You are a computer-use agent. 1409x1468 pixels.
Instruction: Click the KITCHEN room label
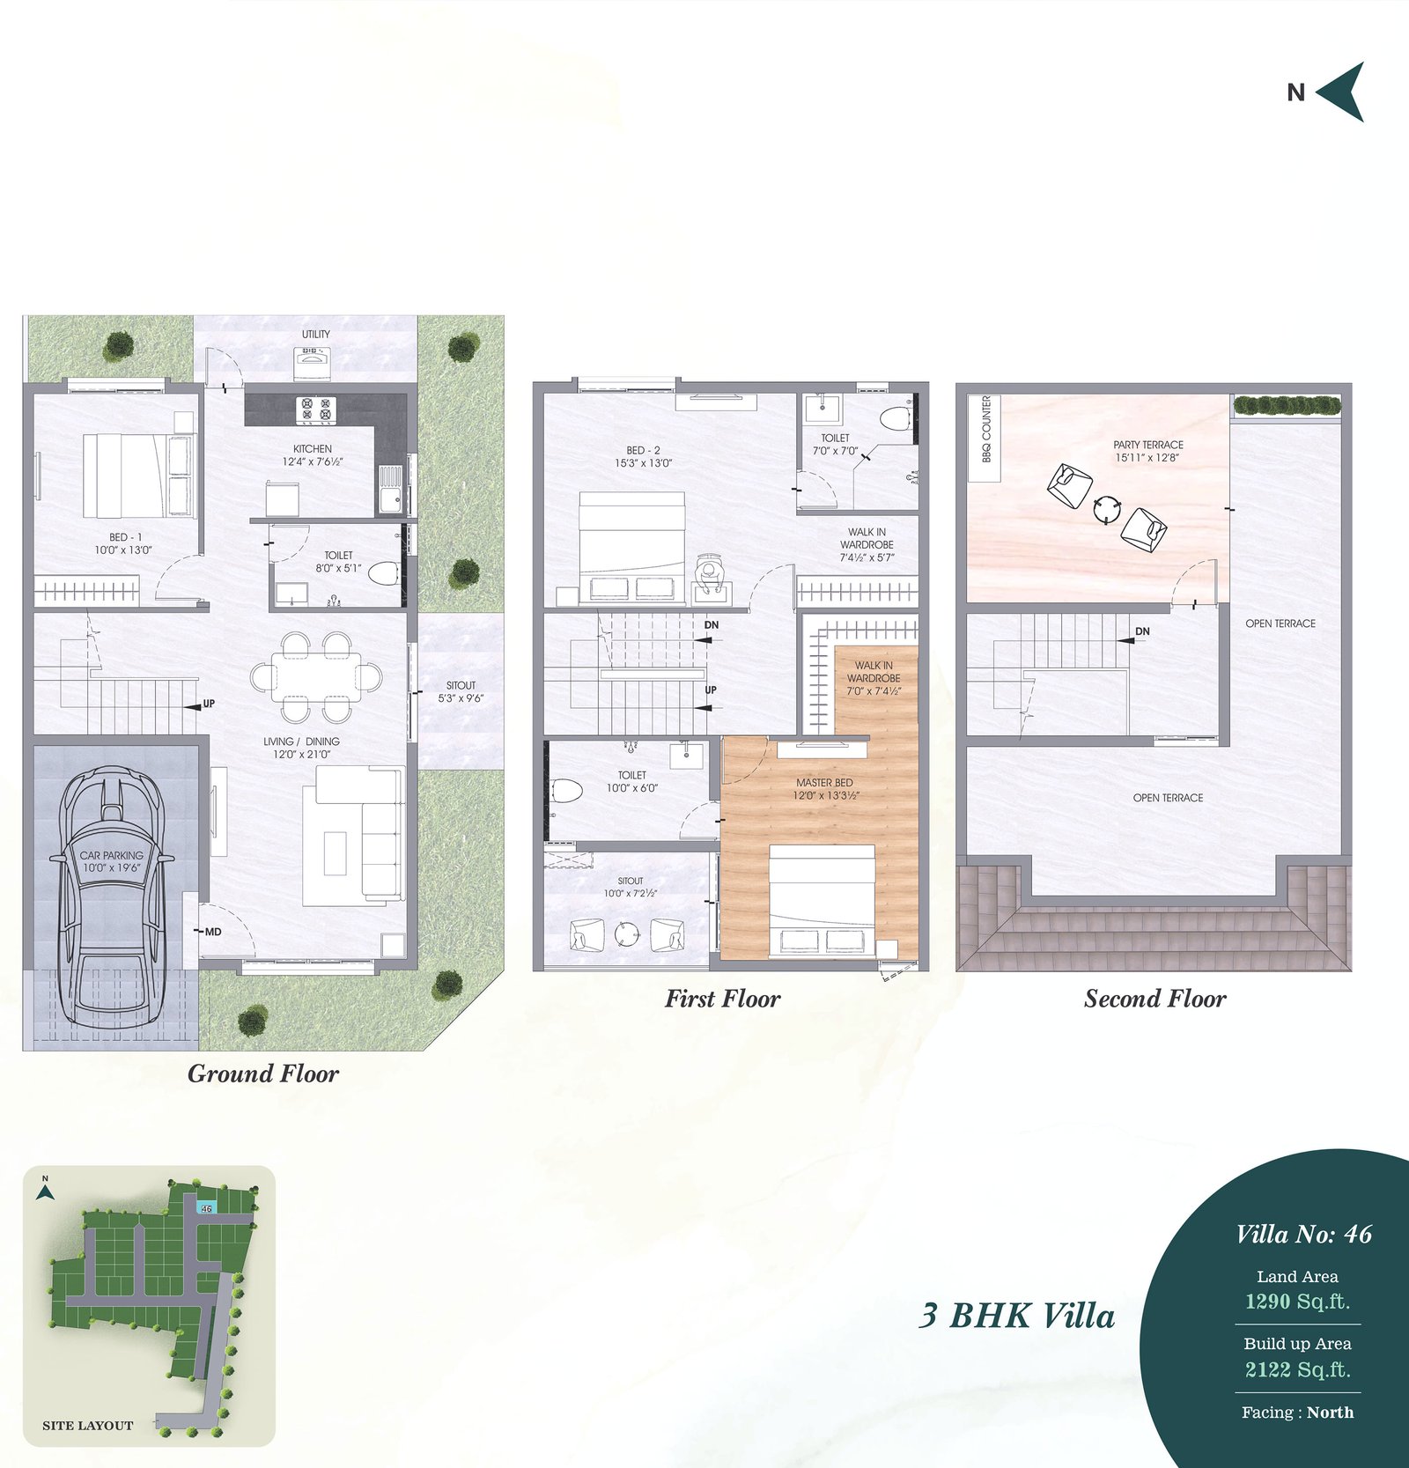pyautogui.click(x=313, y=449)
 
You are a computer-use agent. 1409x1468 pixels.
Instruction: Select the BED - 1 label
pyautogui.click(x=125, y=537)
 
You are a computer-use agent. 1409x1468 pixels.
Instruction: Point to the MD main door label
pyautogui.click(x=213, y=932)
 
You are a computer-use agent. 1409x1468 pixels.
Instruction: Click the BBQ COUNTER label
pyautogui.click(x=986, y=429)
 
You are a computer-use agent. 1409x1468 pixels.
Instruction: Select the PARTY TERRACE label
pyautogui.click(x=1148, y=445)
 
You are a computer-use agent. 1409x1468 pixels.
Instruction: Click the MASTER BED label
pyautogui.click(x=824, y=782)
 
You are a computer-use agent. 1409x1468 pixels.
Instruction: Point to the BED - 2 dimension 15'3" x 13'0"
pyautogui.click(x=643, y=463)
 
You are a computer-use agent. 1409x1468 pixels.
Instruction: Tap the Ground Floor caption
pyautogui.click(x=263, y=1074)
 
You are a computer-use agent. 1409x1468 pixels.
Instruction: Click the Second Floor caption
pyautogui.click(x=1154, y=999)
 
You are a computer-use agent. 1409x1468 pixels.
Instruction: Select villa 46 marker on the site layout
pyautogui.click(x=206, y=1208)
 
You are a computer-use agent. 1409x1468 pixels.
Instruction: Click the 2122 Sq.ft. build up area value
pyautogui.click(x=1297, y=1369)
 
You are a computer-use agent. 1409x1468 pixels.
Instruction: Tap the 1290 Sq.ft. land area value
pyautogui.click(x=1297, y=1301)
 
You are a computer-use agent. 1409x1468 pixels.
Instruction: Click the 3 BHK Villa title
pyautogui.click(x=1017, y=1316)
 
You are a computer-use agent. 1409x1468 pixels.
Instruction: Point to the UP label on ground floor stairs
pyautogui.click(x=209, y=704)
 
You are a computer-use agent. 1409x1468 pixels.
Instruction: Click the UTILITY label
pyautogui.click(x=316, y=335)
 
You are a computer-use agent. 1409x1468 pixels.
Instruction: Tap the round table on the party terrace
pyautogui.click(x=1107, y=509)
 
